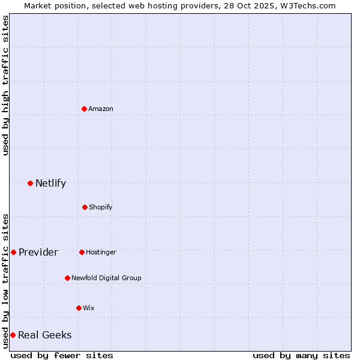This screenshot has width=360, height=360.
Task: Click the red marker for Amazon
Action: point(85,109)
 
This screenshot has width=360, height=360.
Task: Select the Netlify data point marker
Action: point(30,183)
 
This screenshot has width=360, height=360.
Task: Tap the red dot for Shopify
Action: point(85,207)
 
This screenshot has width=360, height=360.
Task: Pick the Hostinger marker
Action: point(82,252)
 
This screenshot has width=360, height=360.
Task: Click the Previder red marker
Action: point(13,252)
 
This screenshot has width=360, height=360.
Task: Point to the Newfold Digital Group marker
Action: point(67,278)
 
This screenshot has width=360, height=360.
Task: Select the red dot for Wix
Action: point(79,308)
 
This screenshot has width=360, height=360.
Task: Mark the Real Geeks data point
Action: point(13,335)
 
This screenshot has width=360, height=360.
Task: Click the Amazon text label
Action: point(101,109)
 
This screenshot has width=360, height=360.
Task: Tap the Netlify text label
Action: point(50,183)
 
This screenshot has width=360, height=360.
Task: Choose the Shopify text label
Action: point(101,207)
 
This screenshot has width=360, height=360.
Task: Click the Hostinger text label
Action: point(101,252)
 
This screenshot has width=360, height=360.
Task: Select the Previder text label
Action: point(38,252)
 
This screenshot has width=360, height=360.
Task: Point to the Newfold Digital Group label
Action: point(106,278)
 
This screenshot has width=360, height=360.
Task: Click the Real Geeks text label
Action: point(45,335)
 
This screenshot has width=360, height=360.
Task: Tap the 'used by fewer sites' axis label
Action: point(62,355)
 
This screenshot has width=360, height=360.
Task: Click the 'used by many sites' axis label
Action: point(301,355)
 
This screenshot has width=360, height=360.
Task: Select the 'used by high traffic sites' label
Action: point(5,85)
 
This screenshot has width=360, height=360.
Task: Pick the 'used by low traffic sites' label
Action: point(5,280)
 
